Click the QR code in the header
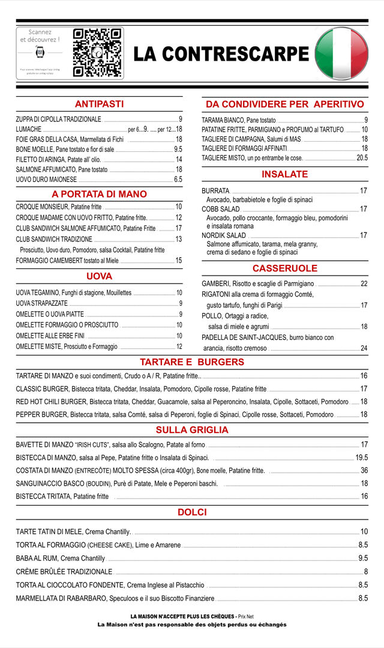(x=97, y=53)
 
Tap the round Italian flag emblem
(x=341, y=54)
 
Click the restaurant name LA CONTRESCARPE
(x=221, y=54)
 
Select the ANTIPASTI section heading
(x=99, y=104)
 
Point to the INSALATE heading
(x=284, y=174)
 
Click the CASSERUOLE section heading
(x=284, y=268)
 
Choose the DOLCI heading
(x=192, y=512)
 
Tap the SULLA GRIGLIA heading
(x=192, y=430)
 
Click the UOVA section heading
(x=99, y=276)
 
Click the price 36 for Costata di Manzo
(x=364, y=470)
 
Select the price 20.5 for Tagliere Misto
(x=362, y=158)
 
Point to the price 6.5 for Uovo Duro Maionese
(x=178, y=180)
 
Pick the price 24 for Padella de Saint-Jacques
(x=364, y=348)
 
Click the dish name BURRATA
(x=215, y=191)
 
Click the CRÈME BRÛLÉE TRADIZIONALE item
(x=64, y=572)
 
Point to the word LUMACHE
(x=29, y=129)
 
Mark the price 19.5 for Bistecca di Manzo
(x=361, y=458)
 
